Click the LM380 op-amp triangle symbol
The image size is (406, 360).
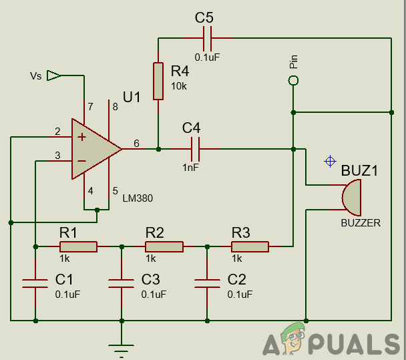coord(93,149)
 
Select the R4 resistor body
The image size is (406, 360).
coord(158,81)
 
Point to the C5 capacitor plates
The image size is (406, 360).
coord(208,37)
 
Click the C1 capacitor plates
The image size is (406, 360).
coord(35,283)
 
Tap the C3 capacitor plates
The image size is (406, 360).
coord(121,283)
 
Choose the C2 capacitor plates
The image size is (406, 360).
coord(207,283)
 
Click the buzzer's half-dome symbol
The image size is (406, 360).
coord(350,198)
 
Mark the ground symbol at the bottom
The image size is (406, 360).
coord(121,349)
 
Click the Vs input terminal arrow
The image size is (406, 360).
coord(54,75)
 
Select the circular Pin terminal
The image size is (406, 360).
coord(292,80)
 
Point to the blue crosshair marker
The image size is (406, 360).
coord(329,161)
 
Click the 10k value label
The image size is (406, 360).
coord(180,85)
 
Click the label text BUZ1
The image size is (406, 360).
coord(359,170)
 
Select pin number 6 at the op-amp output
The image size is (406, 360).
coord(136,143)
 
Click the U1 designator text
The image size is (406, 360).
coord(132,98)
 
